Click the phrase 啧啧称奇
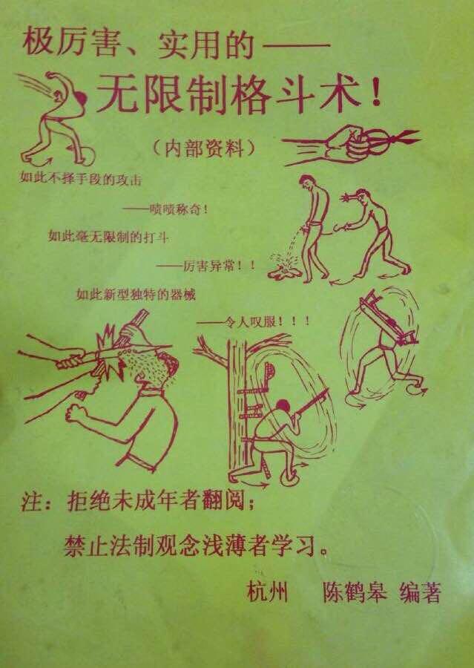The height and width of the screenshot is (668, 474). (170, 209)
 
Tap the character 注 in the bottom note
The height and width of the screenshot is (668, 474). (30, 504)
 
